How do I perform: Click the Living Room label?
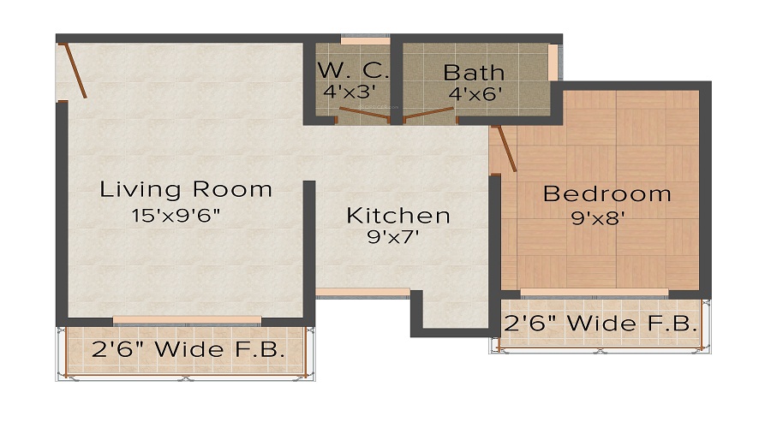coord(186,189)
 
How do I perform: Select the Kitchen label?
coord(397,215)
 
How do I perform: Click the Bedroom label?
coord(607,193)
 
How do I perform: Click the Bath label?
coord(473,72)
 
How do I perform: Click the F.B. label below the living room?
coord(188,349)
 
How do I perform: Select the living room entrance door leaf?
coord(75,71)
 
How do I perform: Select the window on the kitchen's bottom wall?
coord(362,292)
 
